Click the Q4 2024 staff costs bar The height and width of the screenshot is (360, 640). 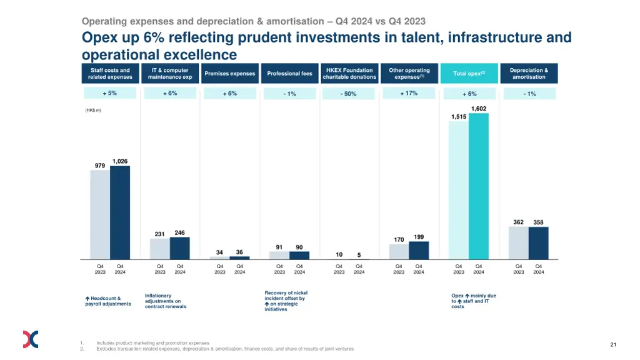[120, 212]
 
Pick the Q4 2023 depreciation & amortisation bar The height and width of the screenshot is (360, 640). [518, 243]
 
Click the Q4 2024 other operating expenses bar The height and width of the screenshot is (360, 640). [419, 251]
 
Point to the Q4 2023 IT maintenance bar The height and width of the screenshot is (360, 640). [159, 249]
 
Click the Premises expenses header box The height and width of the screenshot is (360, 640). [230, 74]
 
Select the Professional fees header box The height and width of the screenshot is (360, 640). [289, 74]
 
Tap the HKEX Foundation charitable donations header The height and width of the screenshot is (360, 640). [349, 74]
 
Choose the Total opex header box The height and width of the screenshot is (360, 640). [469, 74]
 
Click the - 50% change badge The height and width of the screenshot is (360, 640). [349, 94]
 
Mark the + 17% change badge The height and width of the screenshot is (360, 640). [409, 93]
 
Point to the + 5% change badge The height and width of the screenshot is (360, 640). [110, 93]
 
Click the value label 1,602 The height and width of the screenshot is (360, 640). [479, 109]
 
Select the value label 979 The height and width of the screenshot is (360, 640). [100, 166]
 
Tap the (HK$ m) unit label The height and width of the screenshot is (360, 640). [93, 111]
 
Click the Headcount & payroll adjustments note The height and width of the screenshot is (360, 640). [108, 301]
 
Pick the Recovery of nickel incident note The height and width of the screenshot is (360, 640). [286, 301]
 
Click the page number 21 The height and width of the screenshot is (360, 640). [613, 344]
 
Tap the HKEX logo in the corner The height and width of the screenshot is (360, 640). [31, 339]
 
